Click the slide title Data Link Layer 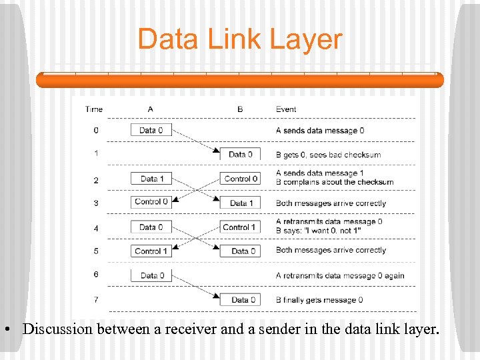tap(239, 39)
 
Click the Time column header tap(94, 109)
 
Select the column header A tap(150, 109)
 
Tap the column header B tap(240, 109)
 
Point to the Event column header tap(286, 109)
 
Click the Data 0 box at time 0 tap(151, 130)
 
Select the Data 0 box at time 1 tap(240, 154)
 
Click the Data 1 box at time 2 tap(151, 179)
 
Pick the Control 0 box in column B tap(240, 179)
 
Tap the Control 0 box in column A tap(151, 202)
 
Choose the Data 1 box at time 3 tap(240, 203)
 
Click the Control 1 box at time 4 tap(240, 227)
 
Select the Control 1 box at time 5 tap(151, 251)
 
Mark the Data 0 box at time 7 tap(240, 300)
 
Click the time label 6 tap(96, 275)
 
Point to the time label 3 tap(96, 203)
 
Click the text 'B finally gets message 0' tap(319, 300)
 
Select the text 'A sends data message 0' tap(320, 131)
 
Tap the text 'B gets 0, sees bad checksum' tap(328, 155)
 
